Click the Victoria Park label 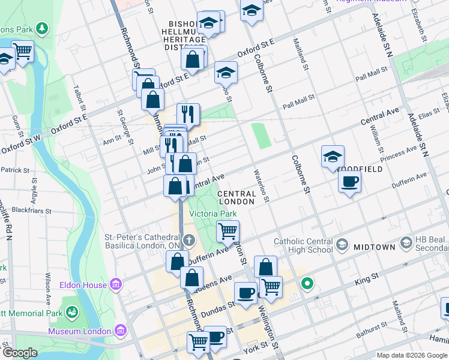(x=213, y=214)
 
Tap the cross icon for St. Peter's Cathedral (x=189, y=241)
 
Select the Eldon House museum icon (x=116, y=285)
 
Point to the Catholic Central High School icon (x=342, y=244)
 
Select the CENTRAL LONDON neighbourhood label (x=237, y=197)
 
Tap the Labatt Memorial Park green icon (x=72, y=312)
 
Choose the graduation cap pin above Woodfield (x=333, y=157)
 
